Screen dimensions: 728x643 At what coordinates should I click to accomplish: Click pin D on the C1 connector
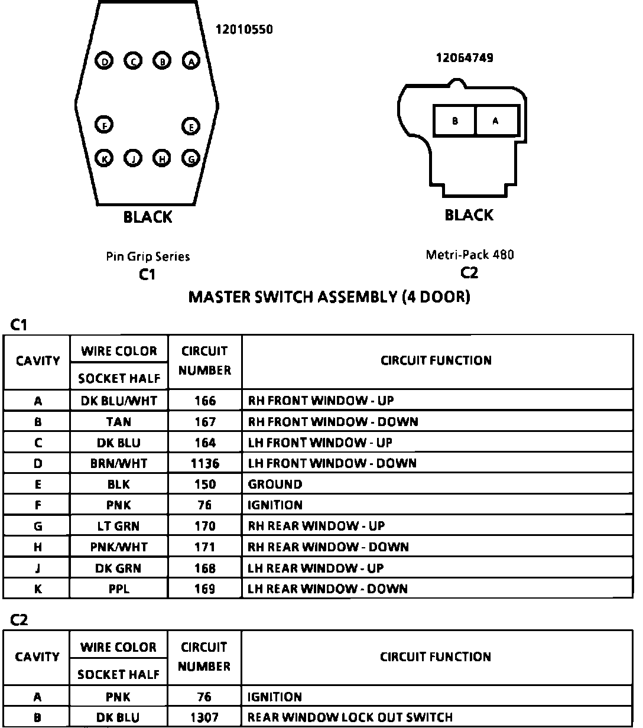click(105, 61)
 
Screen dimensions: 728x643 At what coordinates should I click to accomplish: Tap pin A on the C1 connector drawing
click(191, 60)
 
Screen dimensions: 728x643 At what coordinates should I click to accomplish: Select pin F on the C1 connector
click(105, 125)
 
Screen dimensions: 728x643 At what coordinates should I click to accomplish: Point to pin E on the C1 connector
click(191, 126)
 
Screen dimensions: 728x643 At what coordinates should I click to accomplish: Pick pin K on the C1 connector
click(105, 158)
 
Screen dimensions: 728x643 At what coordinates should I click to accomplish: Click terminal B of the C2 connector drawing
click(454, 121)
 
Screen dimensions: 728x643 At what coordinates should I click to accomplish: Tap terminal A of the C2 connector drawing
click(496, 121)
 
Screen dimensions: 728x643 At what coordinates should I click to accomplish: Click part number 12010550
click(244, 29)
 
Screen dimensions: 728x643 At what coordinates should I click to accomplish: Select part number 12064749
click(465, 58)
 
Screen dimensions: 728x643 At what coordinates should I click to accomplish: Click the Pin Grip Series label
click(148, 256)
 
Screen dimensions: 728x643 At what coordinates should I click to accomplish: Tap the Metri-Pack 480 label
click(470, 255)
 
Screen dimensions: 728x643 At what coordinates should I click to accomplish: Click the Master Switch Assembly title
click(329, 297)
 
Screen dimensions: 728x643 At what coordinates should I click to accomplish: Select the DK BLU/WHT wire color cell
click(119, 401)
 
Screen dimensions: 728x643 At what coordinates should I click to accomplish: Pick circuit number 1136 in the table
click(204, 463)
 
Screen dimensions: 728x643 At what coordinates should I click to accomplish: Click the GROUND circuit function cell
click(275, 485)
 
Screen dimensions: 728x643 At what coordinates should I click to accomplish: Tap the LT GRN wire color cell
click(119, 526)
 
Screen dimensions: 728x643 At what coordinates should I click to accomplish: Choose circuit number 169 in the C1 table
click(204, 589)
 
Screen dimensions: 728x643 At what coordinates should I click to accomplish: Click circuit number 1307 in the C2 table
click(204, 717)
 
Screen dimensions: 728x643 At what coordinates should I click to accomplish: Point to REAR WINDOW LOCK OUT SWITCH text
click(350, 717)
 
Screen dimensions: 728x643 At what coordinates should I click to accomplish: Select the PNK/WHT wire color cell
click(119, 547)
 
